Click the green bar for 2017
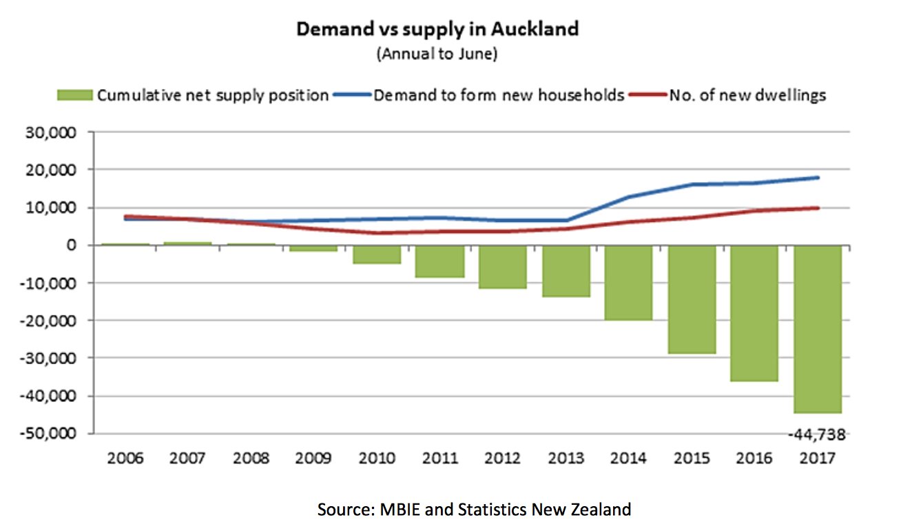[818, 329]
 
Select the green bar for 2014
[628, 283]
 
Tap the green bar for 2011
[439, 261]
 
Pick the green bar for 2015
[692, 299]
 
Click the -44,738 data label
[816, 434]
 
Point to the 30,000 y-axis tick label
[51, 132]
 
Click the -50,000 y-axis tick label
[48, 434]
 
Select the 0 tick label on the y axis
[71, 246]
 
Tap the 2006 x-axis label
[125, 458]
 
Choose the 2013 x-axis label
[566, 458]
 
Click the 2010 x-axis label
[377, 458]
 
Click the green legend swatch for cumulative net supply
[75, 95]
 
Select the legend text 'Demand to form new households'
[499, 95]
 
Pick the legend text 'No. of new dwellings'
[747, 95]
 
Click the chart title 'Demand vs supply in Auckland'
[437, 29]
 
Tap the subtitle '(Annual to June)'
[437, 54]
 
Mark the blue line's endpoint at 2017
[818, 177]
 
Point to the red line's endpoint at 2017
[818, 208]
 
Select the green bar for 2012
[503, 267]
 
